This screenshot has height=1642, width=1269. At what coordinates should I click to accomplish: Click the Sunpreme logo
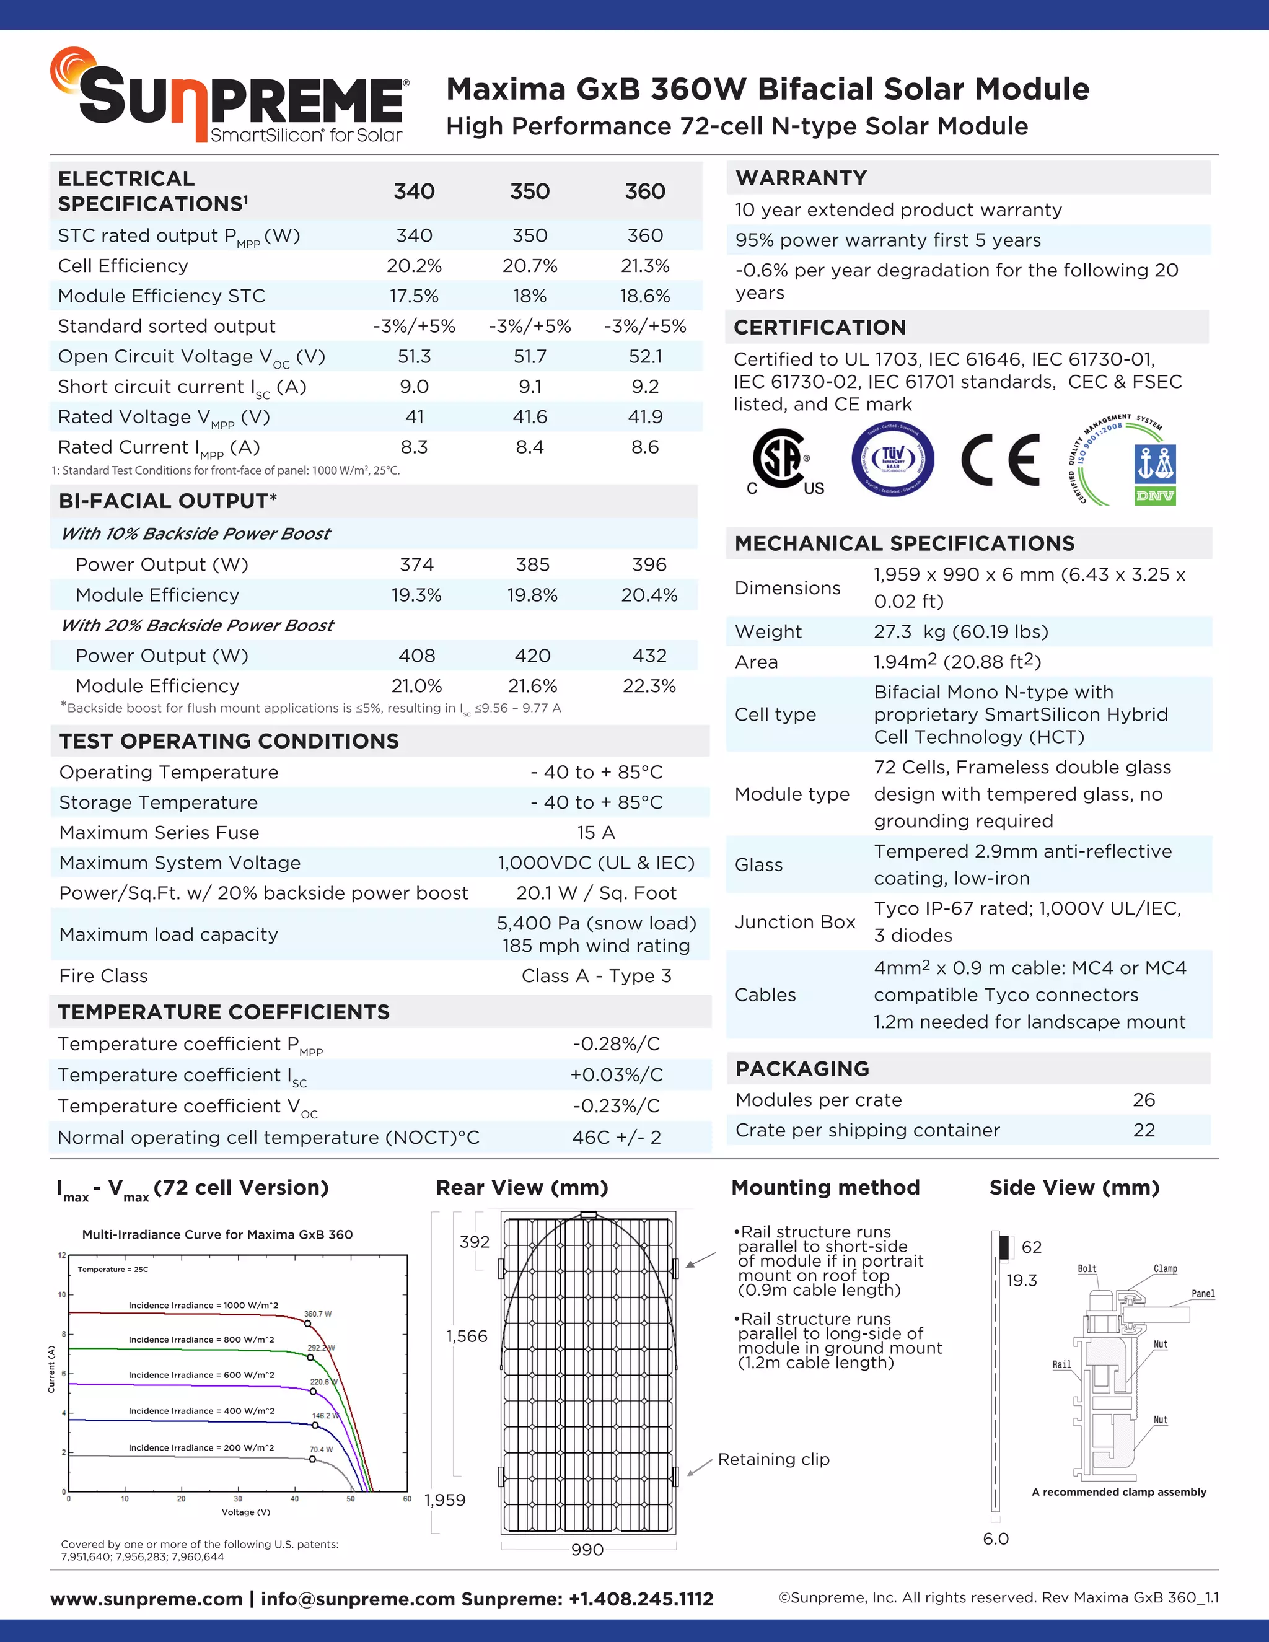point(230,96)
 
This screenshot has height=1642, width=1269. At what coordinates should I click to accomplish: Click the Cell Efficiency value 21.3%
point(644,266)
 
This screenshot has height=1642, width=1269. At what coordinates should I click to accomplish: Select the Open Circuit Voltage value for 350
point(529,356)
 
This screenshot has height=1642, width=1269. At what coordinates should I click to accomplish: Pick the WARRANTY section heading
point(801,178)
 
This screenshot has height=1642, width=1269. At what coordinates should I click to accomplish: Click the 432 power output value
point(649,656)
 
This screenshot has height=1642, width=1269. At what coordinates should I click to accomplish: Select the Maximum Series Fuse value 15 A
point(596,832)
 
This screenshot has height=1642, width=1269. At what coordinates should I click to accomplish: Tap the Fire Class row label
point(103,976)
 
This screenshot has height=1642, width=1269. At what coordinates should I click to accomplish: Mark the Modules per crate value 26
point(1143,1100)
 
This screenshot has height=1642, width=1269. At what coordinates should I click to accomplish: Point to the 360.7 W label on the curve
point(317,1314)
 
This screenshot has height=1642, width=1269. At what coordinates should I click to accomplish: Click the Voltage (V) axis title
point(246,1512)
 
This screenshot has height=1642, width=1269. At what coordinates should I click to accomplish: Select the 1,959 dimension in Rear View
point(445,1500)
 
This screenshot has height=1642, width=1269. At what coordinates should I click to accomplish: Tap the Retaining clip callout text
point(773,1459)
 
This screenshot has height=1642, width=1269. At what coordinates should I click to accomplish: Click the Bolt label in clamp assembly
point(1087,1269)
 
